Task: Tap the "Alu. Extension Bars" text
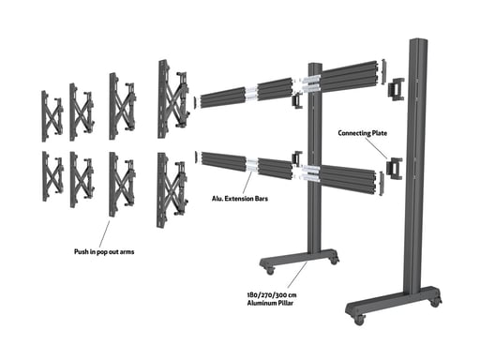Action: tap(233, 199)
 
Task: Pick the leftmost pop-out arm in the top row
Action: tap(51, 112)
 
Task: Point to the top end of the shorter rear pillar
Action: tap(314, 66)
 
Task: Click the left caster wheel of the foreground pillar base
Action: tap(358, 320)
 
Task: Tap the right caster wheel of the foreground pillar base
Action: tap(435, 302)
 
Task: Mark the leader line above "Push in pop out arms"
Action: tap(106, 232)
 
